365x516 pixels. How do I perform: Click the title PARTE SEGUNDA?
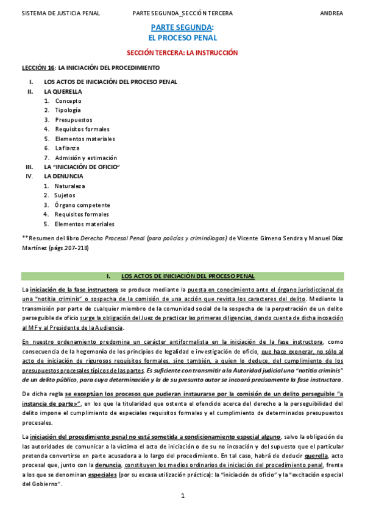coord(182,28)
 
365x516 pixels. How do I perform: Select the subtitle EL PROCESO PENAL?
coord(182,38)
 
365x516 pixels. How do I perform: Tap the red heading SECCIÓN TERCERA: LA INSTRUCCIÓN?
coord(182,53)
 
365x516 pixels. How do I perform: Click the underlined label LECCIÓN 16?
coord(38,68)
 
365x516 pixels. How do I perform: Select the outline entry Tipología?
coord(68,110)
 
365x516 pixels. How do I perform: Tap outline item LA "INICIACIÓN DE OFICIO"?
coord(82,167)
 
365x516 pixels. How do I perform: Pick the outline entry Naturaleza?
coord(70,186)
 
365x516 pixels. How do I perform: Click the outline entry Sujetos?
coord(65,195)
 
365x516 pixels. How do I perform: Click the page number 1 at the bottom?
coord(182,497)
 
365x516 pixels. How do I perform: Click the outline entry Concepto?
coord(68,101)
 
